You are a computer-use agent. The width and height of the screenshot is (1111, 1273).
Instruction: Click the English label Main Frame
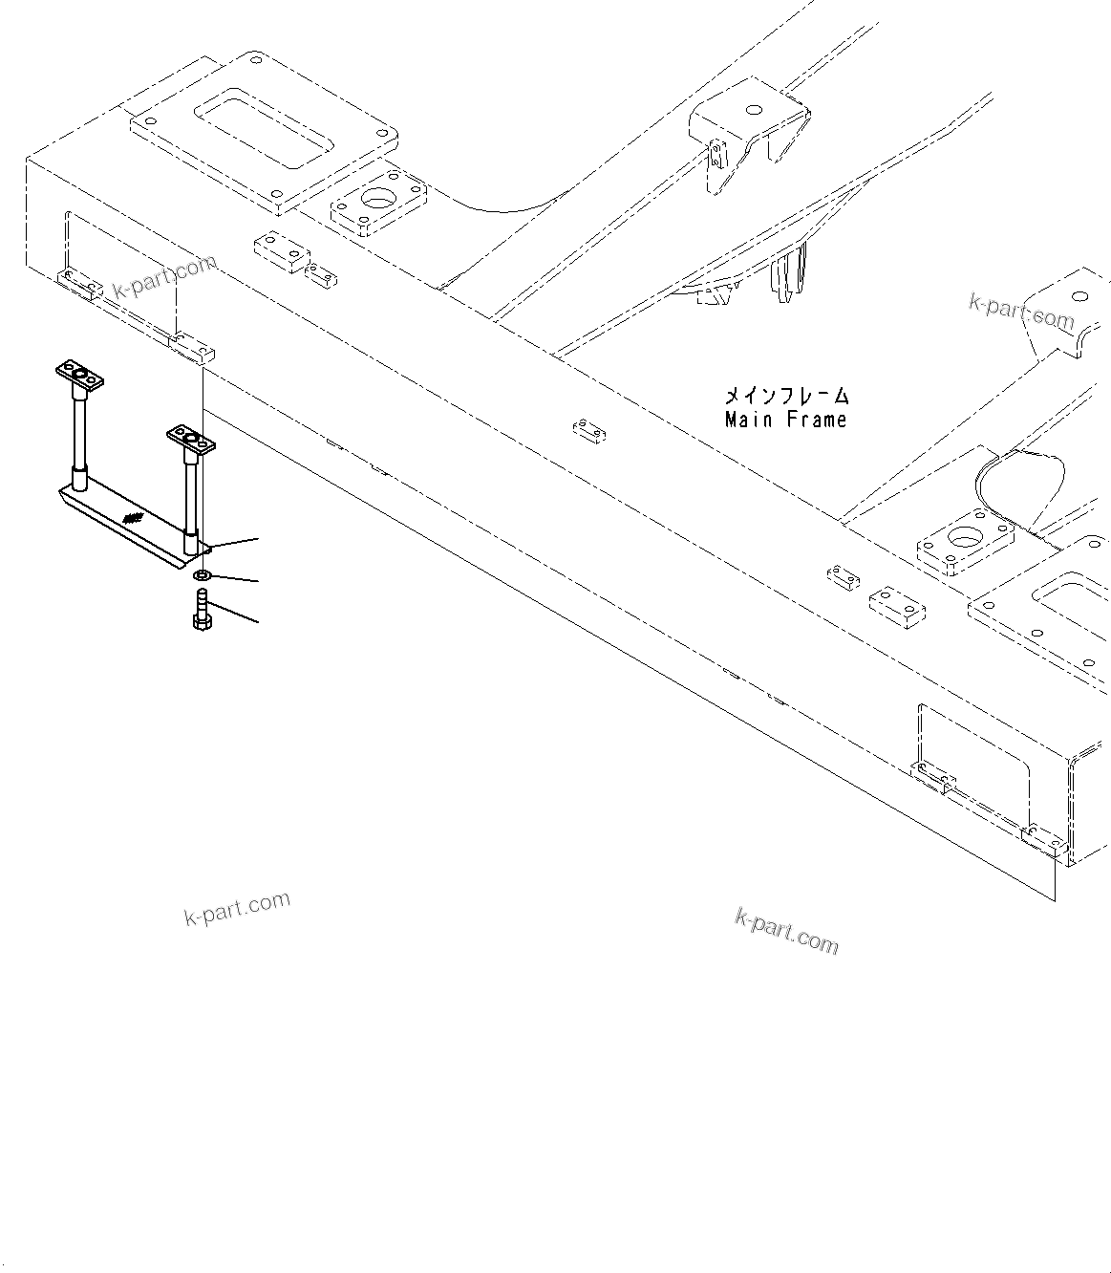(785, 419)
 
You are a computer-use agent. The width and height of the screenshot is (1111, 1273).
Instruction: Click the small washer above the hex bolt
(202, 576)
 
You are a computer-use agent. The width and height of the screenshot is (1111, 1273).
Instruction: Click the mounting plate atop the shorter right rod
(191, 441)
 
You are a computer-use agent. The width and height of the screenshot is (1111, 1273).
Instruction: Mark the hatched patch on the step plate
(133, 519)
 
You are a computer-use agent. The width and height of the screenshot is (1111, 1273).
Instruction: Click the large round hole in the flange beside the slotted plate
(379, 204)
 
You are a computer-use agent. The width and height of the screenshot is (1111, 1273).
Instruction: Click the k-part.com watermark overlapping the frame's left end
(164, 276)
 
